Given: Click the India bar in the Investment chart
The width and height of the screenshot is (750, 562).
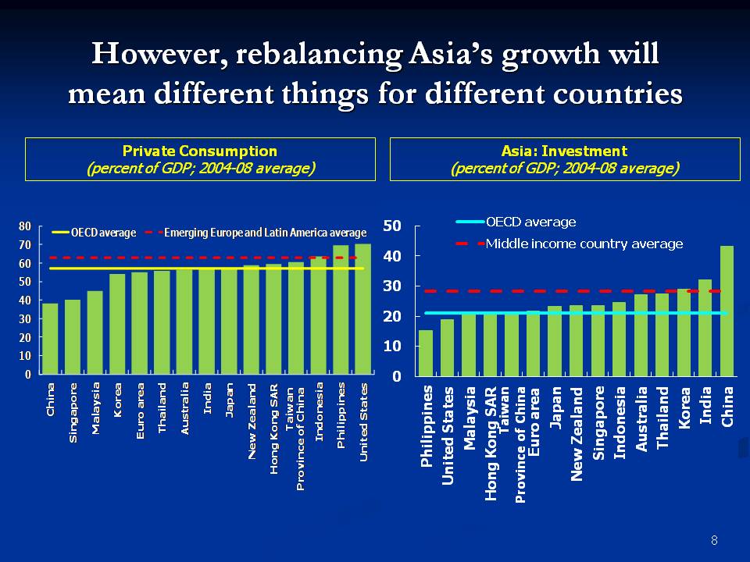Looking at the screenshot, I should (x=705, y=327).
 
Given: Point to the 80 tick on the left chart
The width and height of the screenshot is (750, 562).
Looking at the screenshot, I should (x=25, y=226).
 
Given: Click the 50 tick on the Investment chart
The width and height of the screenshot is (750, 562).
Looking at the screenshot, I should (x=392, y=226).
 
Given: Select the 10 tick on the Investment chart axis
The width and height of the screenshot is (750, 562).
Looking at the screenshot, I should (x=392, y=346).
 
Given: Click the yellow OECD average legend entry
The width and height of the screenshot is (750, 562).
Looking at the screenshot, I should (x=95, y=233).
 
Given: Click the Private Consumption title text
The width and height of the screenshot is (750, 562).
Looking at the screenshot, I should (x=200, y=151).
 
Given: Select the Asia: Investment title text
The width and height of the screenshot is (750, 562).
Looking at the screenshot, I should (x=564, y=151).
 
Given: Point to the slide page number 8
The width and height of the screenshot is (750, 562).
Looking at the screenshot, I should (x=714, y=540).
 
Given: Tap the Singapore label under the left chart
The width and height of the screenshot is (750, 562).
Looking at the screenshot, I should (x=73, y=413).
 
